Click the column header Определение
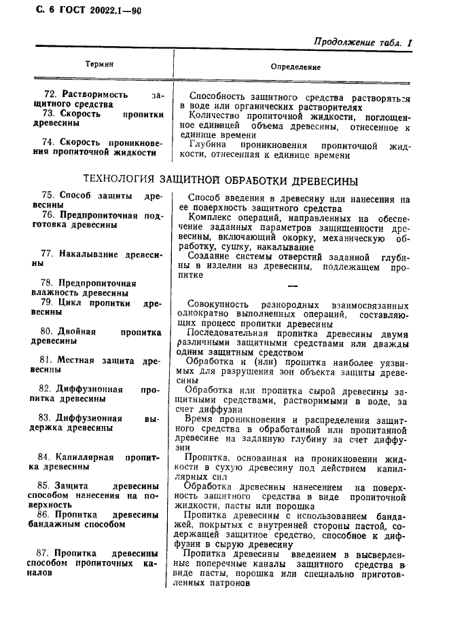(x=295, y=67)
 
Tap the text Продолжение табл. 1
(x=363, y=42)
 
